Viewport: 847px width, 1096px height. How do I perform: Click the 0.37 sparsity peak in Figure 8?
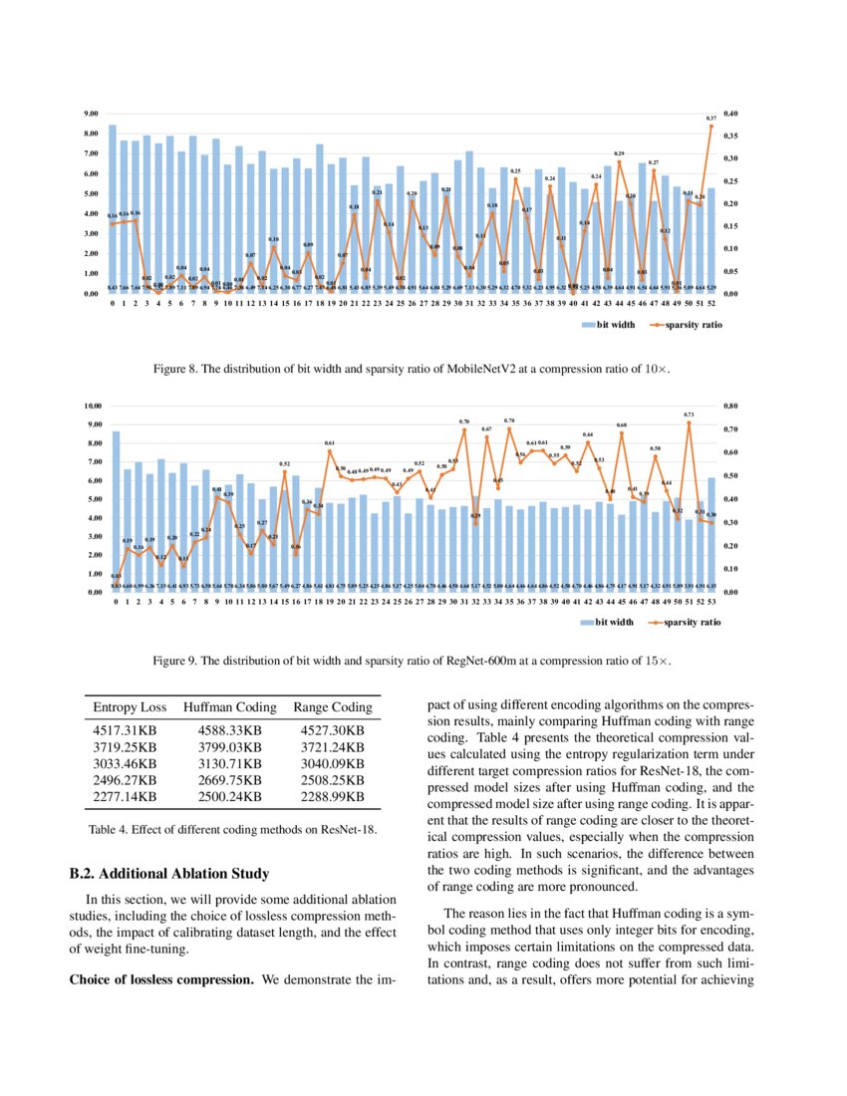click(711, 126)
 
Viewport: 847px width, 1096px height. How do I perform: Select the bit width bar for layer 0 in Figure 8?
click(113, 209)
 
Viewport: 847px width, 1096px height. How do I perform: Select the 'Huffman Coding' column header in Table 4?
click(229, 707)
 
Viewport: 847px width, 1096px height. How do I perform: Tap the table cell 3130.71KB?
click(229, 763)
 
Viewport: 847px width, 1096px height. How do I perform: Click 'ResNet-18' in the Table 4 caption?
click(346, 831)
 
